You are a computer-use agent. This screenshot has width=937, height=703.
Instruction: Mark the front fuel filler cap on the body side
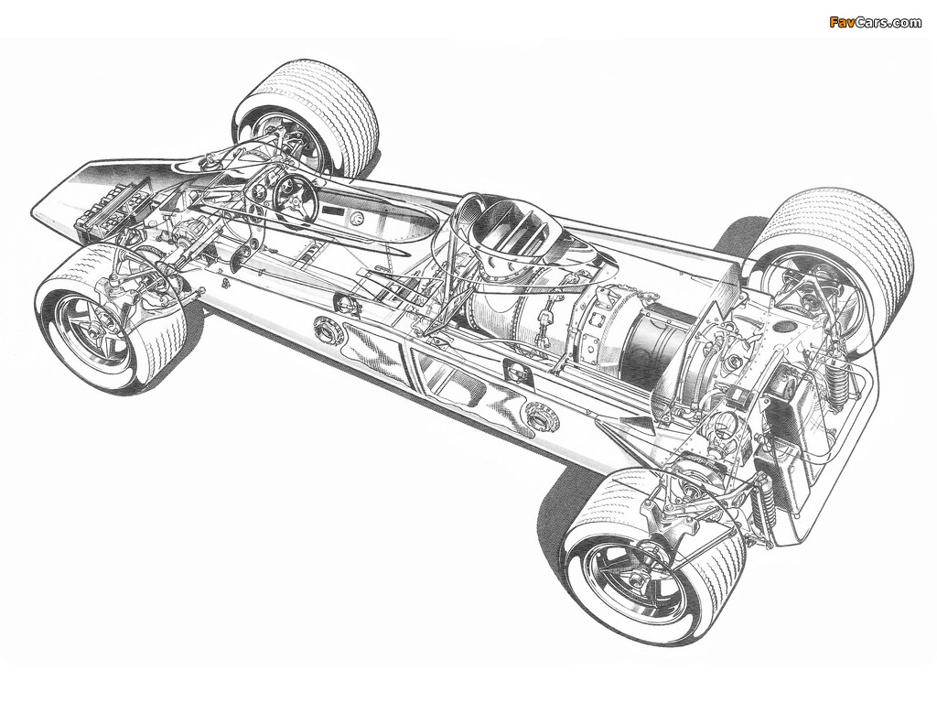coord(327,327)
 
